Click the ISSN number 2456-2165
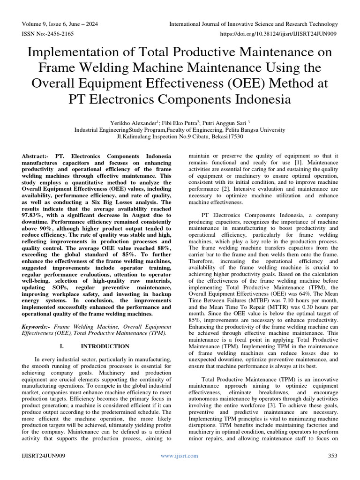(57, 34)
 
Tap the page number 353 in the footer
(332, 456)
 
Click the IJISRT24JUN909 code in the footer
(44, 456)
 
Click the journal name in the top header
(254, 24)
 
